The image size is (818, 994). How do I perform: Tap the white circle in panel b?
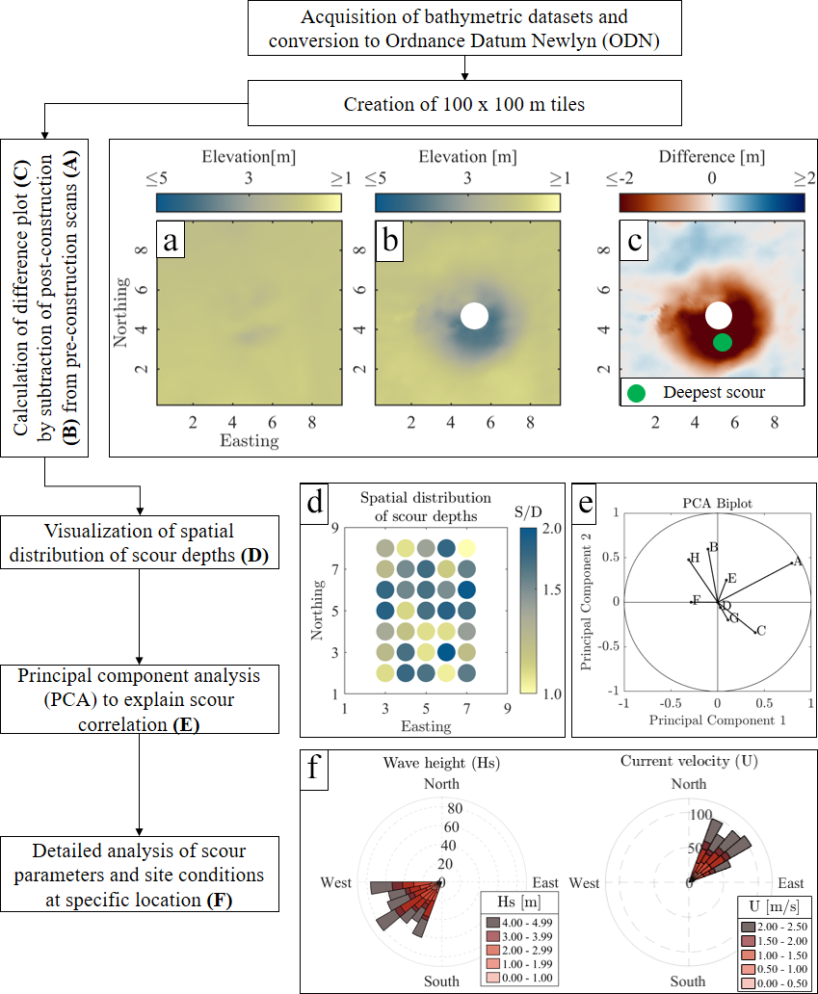474,315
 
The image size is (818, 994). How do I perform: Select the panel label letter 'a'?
172,242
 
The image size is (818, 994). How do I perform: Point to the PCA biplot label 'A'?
798,562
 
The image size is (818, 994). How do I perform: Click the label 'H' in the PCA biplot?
694,558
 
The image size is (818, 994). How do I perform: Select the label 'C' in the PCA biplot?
761,631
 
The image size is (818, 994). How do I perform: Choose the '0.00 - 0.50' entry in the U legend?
776,983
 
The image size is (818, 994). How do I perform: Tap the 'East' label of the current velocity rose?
791,883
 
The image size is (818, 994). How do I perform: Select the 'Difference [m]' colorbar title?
712,156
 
